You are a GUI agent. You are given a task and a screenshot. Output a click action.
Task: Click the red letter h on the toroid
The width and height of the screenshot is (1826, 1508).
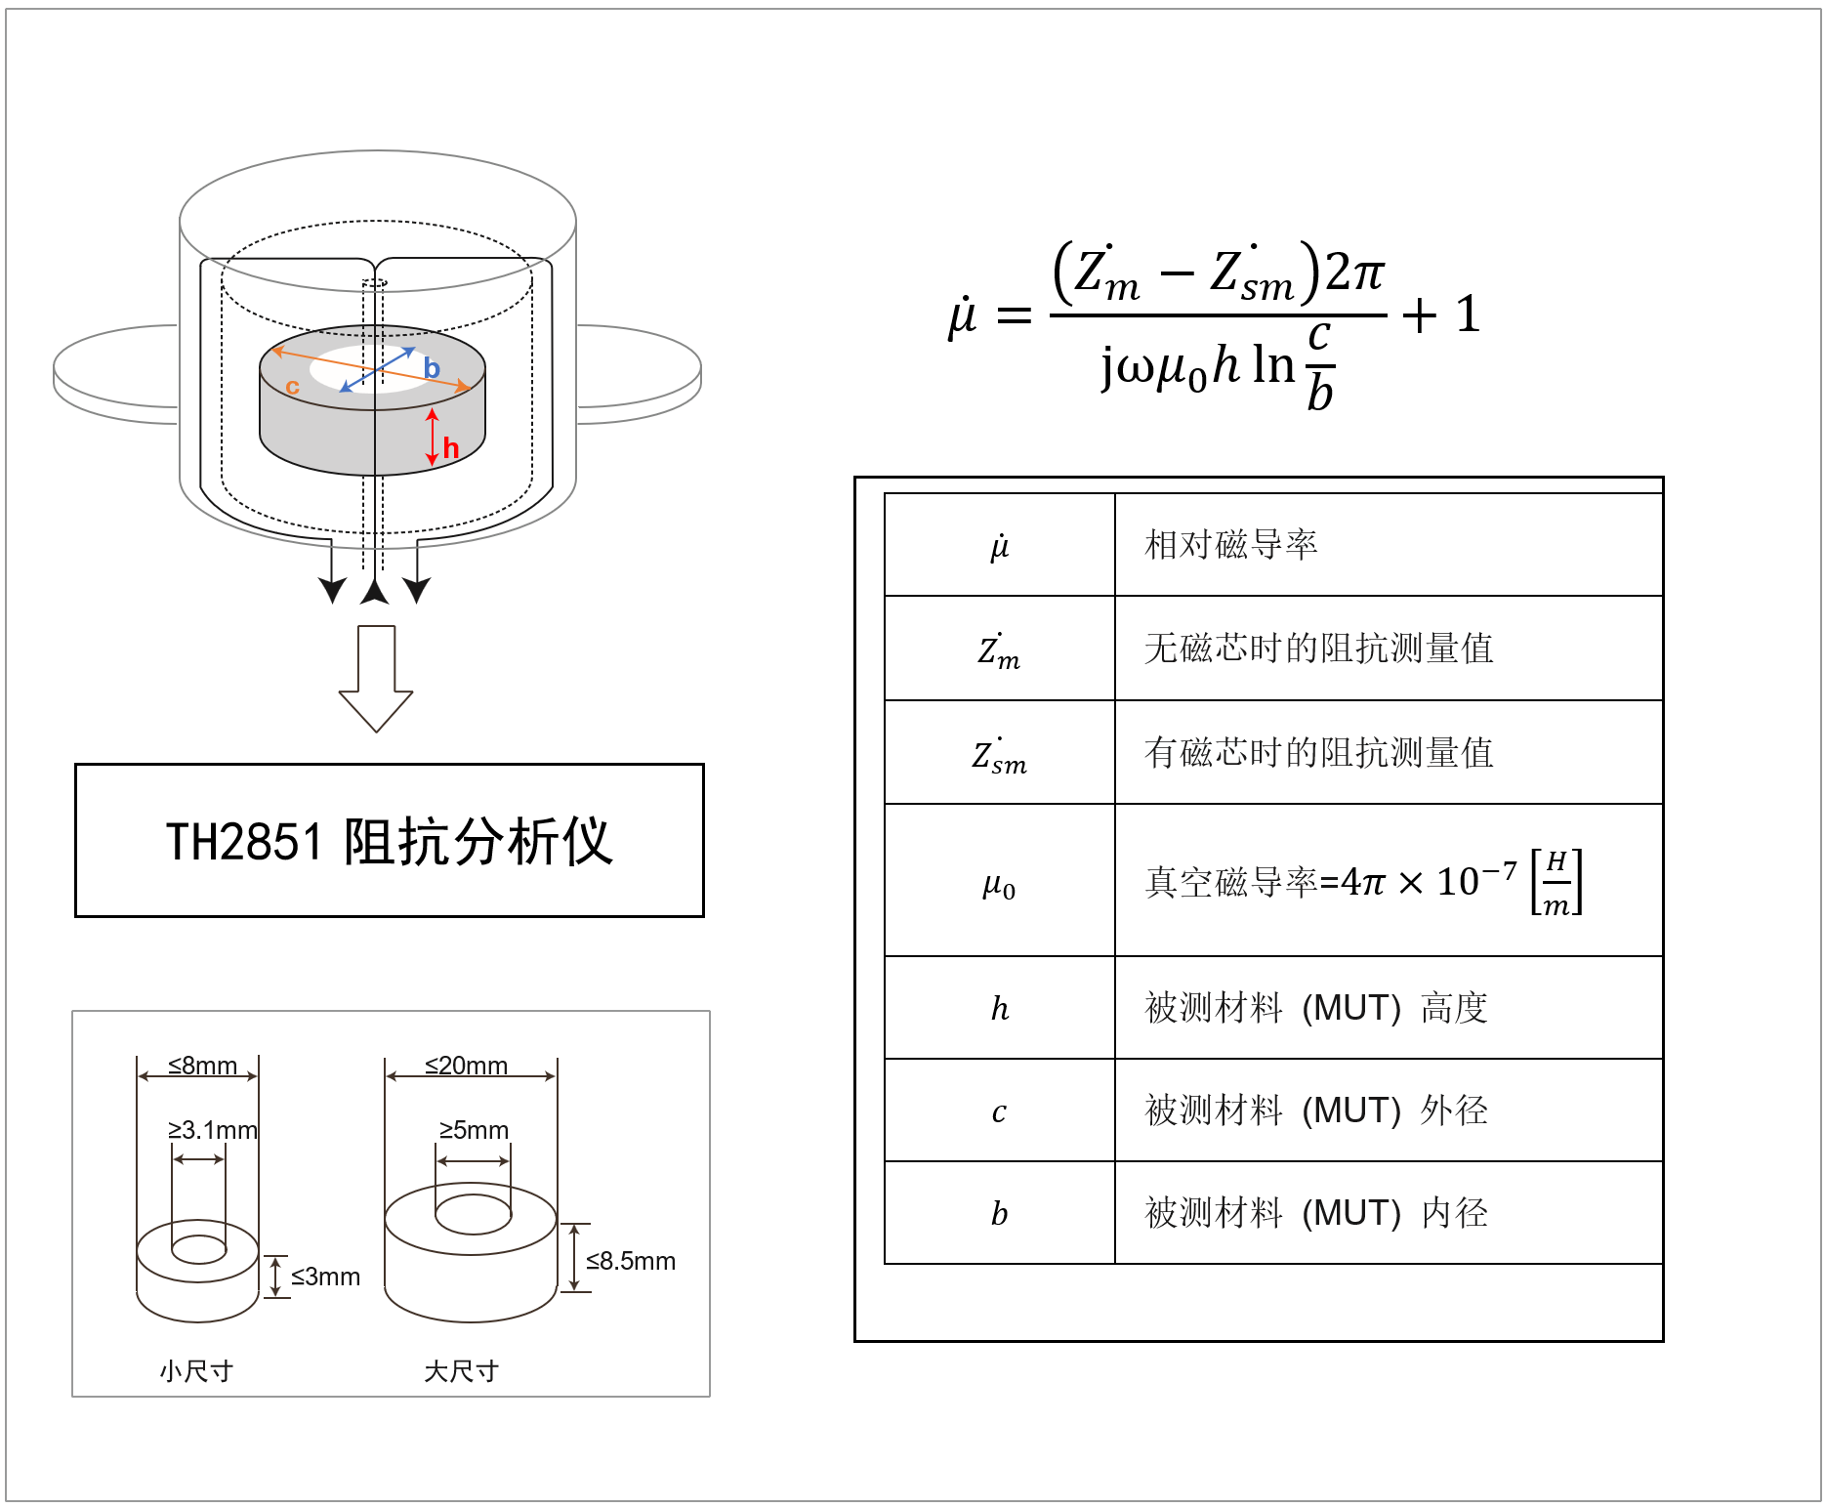pos(450,448)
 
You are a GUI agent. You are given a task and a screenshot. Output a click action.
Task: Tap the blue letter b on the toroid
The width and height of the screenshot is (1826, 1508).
pos(432,368)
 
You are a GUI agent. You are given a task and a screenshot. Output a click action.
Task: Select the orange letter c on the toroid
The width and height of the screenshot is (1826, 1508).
pos(292,387)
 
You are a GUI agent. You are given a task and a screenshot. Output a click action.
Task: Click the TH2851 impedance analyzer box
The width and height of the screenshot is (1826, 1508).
pos(389,840)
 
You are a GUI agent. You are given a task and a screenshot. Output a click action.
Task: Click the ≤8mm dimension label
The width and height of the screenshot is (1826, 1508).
pos(202,1065)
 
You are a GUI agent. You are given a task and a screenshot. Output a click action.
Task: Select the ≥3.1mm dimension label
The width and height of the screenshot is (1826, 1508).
pos(212,1130)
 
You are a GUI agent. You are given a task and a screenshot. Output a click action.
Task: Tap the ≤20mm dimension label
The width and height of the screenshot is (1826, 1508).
pos(466,1065)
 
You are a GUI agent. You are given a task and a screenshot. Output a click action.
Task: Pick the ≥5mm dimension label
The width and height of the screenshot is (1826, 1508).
pos(474,1130)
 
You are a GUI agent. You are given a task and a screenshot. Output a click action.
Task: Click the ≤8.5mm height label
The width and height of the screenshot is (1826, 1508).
pos(630,1261)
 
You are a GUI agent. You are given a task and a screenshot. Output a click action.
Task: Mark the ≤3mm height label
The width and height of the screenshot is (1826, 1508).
pos(325,1277)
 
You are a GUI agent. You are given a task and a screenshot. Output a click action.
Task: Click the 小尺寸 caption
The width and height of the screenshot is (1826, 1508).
pos(196,1371)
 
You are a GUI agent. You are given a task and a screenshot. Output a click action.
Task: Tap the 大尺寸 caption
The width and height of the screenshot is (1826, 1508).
pos(461,1371)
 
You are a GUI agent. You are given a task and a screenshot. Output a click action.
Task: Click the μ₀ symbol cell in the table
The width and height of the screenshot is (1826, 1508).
pos(999,885)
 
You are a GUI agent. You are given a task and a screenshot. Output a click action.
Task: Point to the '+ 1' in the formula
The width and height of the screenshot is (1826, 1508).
pos(1441,314)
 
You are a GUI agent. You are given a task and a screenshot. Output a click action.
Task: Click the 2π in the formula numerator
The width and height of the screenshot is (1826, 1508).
pos(1354,272)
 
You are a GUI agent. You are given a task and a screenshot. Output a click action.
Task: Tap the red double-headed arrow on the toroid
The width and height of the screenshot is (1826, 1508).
pos(433,437)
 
